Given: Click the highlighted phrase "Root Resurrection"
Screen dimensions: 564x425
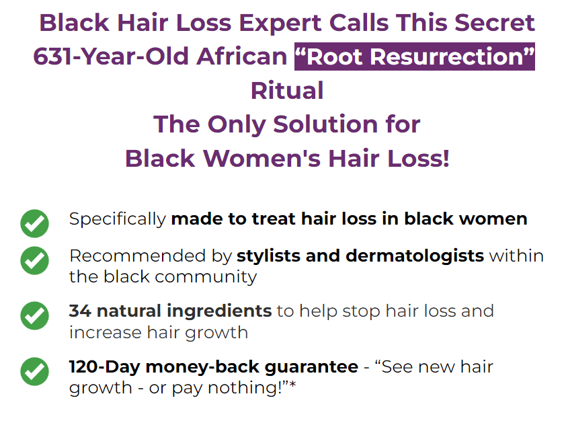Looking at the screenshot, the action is pos(414,56).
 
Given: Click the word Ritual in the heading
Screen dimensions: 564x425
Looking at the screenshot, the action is pos(287,90).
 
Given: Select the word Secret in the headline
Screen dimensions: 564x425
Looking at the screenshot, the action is pos(494,23).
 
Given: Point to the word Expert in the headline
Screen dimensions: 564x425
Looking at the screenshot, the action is pos(280,24).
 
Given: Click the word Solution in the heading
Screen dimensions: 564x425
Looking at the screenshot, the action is pos(325,124).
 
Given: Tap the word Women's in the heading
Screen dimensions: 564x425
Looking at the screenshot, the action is pos(261,158).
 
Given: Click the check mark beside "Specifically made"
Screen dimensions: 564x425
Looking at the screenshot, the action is pos(34,223).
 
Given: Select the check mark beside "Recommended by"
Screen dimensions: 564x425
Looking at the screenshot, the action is pos(34,260).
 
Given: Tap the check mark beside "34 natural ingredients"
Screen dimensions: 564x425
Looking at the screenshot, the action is pos(34,315).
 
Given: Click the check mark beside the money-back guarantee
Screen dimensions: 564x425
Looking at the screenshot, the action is pos(34,371).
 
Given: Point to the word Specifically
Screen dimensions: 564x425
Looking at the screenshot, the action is pos(118,219).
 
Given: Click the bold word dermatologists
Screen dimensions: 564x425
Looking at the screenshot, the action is pos(415,256).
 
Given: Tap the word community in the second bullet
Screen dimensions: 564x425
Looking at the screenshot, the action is pos(206,277).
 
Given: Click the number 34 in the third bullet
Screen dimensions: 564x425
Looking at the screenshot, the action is pos(80,311).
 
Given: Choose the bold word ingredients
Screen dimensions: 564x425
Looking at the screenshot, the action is pos(219,311).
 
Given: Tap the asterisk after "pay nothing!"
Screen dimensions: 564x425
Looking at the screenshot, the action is pos(292,385).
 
